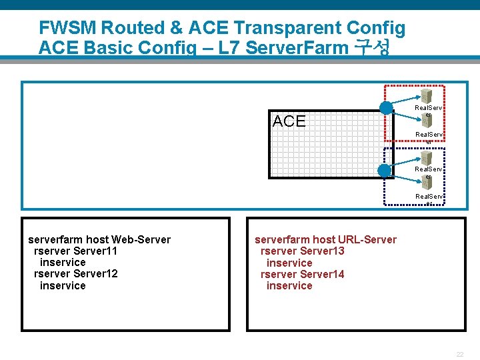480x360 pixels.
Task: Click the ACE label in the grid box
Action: (x=289, y=121)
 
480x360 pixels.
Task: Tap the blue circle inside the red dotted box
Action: (x=386, y=108)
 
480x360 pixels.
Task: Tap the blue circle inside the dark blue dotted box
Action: (x=384, y=171)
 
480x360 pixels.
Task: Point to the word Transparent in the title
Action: (x=297, y=28)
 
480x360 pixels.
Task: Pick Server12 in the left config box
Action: (x=95, y=274)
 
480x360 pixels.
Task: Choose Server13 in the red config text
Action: (x=322, y=251)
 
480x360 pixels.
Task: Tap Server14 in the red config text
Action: (x=322, y=274)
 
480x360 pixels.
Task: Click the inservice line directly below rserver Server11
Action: (x=63, y=263)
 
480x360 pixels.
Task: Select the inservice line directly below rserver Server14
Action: (x=289, y=285)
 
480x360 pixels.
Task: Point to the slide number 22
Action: (x=460, y=354)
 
